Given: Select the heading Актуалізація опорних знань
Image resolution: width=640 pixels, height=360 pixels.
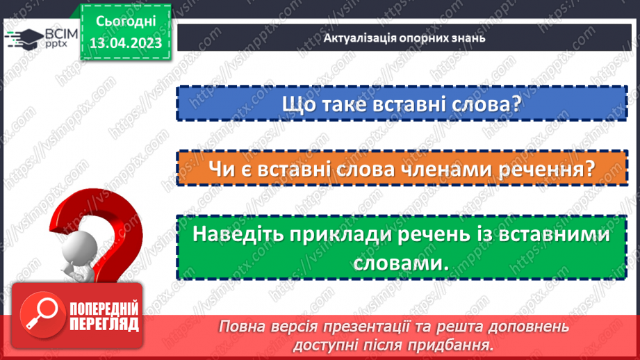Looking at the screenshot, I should click(404, 38).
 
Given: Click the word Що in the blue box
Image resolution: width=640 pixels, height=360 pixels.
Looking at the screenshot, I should click(298, 105).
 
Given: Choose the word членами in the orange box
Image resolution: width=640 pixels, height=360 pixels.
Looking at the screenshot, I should click(455, 169).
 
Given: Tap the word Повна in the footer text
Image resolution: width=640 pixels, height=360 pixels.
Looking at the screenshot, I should click(240, 326).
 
